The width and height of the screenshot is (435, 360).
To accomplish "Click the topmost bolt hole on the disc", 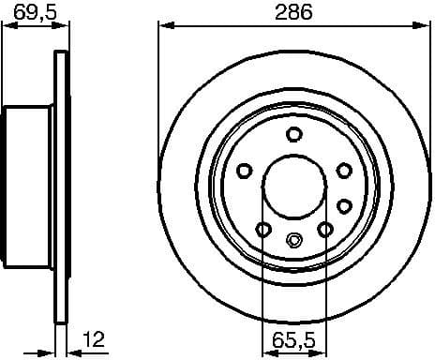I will point(293,132).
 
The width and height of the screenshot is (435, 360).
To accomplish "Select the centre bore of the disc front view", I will point(293,184).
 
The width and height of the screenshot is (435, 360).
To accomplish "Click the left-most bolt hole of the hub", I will point(245,170).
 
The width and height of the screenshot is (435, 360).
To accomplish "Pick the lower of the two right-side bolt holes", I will point(344,205).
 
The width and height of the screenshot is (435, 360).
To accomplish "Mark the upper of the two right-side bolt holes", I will point(344,170).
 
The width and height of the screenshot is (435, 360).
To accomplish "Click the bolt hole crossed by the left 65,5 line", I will point(263,229).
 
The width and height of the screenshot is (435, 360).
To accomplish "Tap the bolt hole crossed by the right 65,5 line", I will point(324,229).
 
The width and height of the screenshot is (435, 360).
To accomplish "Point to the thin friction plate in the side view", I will point(63,187).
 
